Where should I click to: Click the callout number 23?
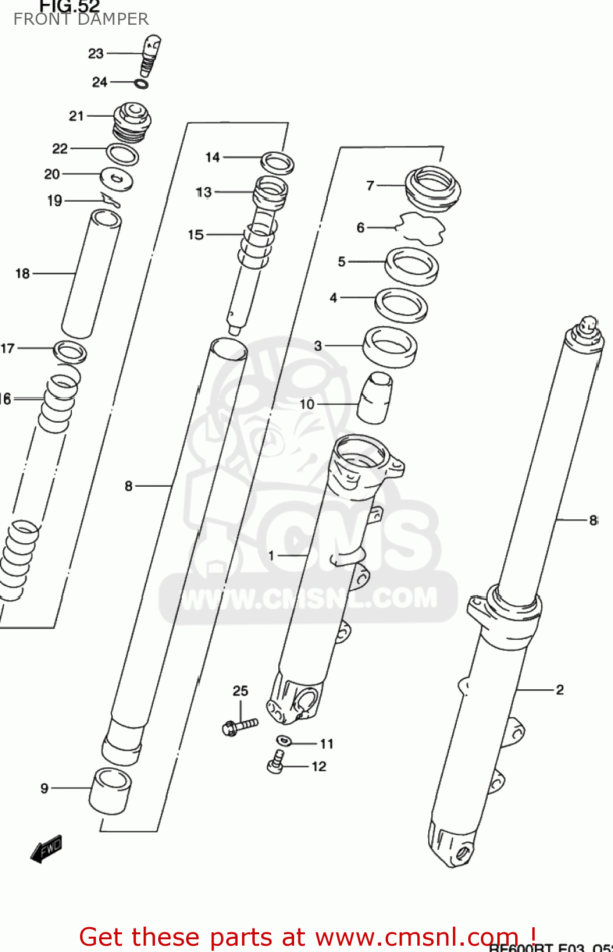(96, 54)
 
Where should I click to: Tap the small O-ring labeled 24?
(142, 84)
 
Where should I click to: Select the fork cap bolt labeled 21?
(132, 121)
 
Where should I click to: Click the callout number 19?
(55, 201)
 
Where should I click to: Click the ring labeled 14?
(278, 162)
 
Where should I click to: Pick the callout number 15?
(196, 235)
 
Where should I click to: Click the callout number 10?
(307, 404)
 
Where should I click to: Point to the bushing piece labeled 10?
(374, 398)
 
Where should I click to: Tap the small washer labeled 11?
(283, 741)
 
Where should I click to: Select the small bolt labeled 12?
(276, 762)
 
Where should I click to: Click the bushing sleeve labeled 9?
(111, 791)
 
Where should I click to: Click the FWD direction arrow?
(46, 849)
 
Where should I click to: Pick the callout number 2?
(560, 690)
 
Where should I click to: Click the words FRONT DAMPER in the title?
(81, 20)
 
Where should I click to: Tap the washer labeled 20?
(117, 179)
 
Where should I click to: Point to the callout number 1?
(271, 556)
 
